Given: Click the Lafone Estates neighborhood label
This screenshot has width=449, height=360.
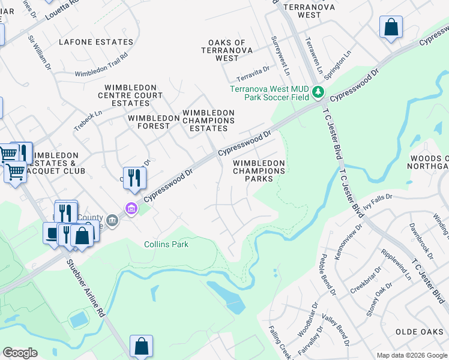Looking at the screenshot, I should tap(96, 42).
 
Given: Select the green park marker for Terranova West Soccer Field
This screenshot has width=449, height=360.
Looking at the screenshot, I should tap(318, 92).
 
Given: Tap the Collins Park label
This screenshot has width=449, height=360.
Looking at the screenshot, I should tap(166, 244).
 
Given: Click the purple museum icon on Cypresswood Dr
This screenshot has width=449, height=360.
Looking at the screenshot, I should tap(130, 208).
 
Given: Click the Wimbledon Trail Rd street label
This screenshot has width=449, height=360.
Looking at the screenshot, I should tap(101, 65).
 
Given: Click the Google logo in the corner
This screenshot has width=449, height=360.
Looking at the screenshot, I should tap(20, 353).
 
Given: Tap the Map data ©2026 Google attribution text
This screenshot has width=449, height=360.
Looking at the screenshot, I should tap(411, 355).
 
